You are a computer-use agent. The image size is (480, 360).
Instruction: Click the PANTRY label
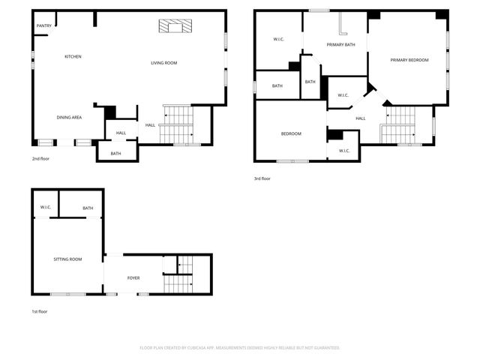(x=43, y=26)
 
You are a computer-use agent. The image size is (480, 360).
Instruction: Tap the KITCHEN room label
(x=73, y=57)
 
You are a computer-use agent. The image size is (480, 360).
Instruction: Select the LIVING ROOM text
(x=164, y=63)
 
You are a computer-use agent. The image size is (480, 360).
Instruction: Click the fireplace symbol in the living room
(x=175, y=26)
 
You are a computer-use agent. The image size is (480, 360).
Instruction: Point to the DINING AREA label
(x=69, y=118)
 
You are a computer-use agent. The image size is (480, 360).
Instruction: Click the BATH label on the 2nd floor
(x=116, y=154)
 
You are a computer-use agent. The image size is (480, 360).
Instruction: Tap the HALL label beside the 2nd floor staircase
(x=150, y=125)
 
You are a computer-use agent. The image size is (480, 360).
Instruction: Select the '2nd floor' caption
(x=40, y=160)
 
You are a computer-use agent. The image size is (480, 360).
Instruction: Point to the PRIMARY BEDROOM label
(x=409, y=60)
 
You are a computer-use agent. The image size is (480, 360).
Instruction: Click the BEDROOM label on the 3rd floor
(x=291, y=134)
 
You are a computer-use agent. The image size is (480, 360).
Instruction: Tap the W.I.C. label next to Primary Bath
(x=278, y=39)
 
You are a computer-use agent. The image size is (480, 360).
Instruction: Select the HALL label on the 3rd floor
(x=360, y=118)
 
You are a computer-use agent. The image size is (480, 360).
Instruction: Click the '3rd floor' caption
(x=262, y=178)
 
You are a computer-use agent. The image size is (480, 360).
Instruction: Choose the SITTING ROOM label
(x=67, y=259)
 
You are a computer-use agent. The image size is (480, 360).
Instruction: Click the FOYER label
(x=133, y=278)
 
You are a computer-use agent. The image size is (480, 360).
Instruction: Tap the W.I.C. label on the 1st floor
(x=45, y=208)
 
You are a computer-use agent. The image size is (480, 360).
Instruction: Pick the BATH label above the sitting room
(x=88, y=208)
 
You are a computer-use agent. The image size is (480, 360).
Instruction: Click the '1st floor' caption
(x=39, y=311)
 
